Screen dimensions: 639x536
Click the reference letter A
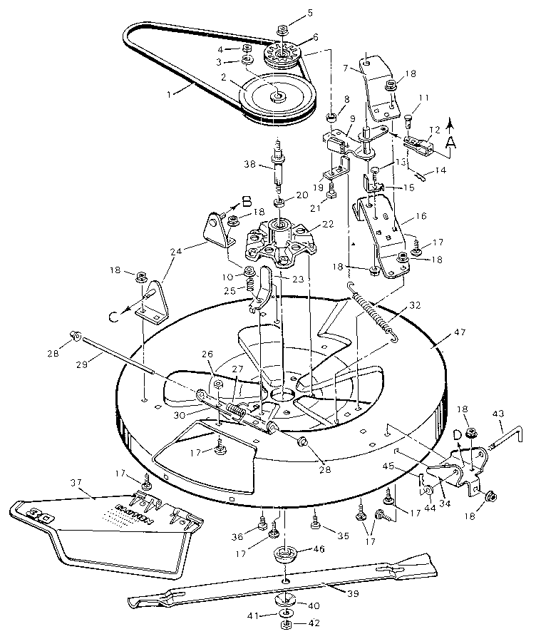450,142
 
